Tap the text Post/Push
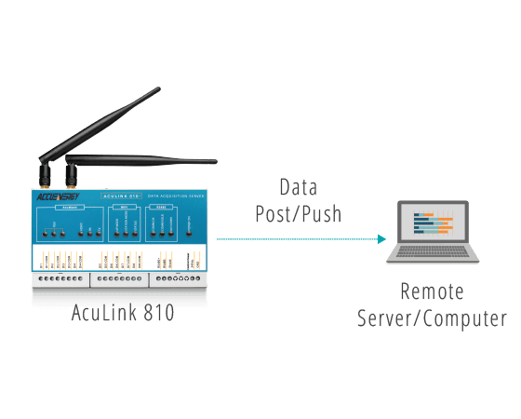click(x=298, y=214)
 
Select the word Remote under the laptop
click(x=432, y=291)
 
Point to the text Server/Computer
click(x=432, y=318)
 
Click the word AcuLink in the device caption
click(x=104, y=314)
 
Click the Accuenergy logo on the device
click(x=56, y=196)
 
